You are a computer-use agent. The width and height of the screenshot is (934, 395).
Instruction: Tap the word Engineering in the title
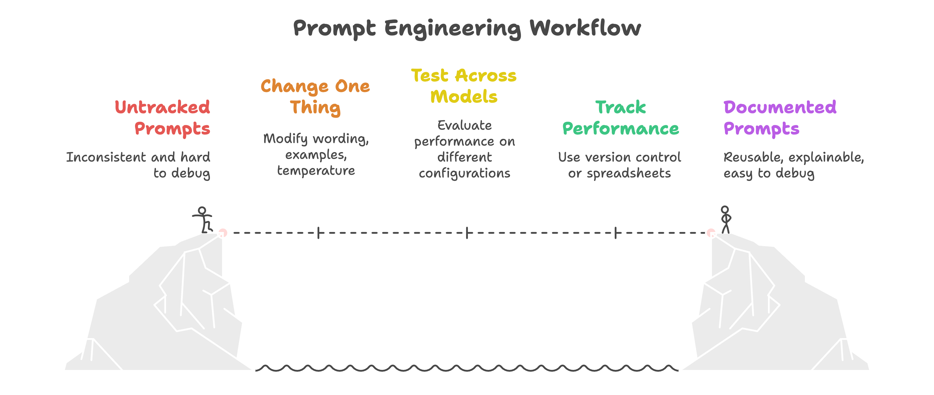(453, 29)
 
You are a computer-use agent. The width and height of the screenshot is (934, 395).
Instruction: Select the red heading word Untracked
(162, 107)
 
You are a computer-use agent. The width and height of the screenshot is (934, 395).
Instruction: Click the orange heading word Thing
(315, 108)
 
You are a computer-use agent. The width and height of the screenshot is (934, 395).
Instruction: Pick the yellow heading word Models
(464, 97)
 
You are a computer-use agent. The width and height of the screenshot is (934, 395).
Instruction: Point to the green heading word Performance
(620, 129)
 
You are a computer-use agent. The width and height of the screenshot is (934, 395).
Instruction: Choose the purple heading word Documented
(780, 107)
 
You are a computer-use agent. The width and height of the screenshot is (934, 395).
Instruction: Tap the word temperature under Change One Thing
(316, 171)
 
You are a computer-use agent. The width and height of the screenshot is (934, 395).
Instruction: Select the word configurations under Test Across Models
(464, 174)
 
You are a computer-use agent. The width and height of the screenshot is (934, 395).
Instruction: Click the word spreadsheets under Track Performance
(629, 174)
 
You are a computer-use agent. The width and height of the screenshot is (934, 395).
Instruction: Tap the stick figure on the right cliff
(725, 219)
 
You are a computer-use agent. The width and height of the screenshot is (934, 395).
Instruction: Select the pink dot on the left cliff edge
(223, 233)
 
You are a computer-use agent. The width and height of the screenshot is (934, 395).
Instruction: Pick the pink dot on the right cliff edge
(711, 233)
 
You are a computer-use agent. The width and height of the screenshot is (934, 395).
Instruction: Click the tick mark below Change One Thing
(318, 233)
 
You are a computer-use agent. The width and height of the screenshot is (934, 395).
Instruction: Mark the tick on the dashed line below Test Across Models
(467, 233)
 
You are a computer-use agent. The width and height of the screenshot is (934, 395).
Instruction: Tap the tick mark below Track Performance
(616, 233)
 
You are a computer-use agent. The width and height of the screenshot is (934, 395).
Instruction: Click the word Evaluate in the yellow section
(464, 125)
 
